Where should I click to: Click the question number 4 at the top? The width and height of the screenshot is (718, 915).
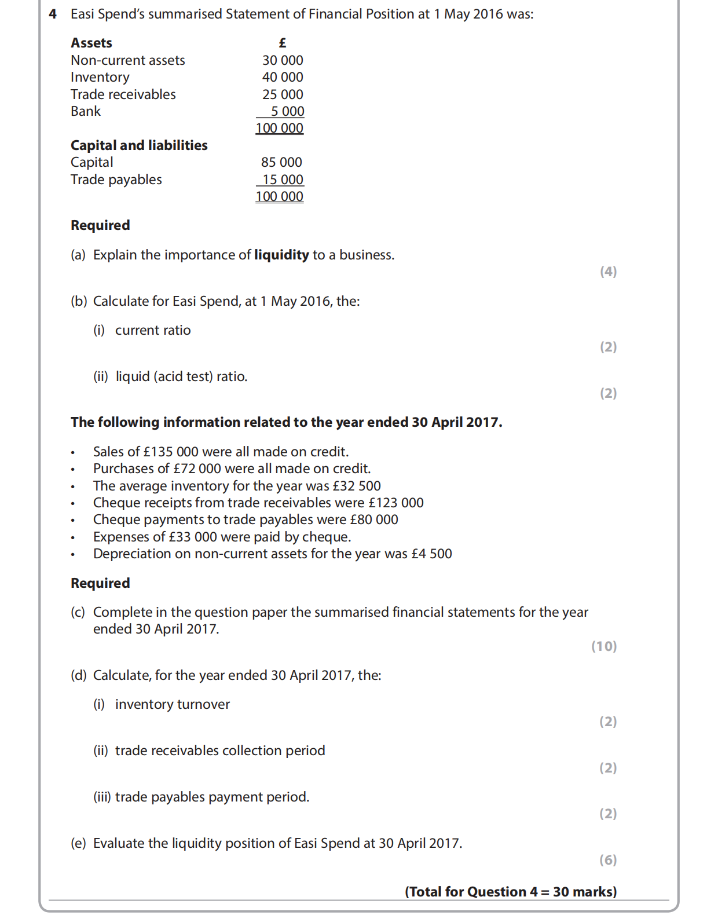coord(53,14)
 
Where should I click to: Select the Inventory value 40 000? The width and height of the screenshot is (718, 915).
coord(283,77)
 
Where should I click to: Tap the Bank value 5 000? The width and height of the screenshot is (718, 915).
coord(287,111)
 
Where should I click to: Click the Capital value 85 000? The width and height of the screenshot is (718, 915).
coord(281,162)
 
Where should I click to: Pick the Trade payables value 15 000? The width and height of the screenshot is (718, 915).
coord(283,180)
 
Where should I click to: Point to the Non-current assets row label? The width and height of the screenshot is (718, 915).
coord(128,60)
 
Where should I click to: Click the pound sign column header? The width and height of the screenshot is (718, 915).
coord(283,43)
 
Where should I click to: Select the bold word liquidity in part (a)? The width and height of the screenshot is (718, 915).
coord(281,255)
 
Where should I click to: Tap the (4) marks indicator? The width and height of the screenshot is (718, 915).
coord(608,272)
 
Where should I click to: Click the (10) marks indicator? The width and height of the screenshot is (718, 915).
coord(604,646)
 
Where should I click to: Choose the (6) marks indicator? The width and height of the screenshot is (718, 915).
coord(608,860)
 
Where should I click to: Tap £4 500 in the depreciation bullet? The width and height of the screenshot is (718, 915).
coord(431,554)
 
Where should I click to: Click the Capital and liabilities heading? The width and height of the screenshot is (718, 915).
coord(139,145)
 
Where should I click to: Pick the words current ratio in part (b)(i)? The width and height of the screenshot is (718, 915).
coord(153,330)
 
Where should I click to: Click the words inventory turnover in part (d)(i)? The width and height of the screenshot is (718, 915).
coord(173,704)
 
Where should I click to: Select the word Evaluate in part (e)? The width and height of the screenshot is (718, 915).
coord(119,843)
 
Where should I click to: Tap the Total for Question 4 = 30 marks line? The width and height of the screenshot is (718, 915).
coord(511,892)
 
